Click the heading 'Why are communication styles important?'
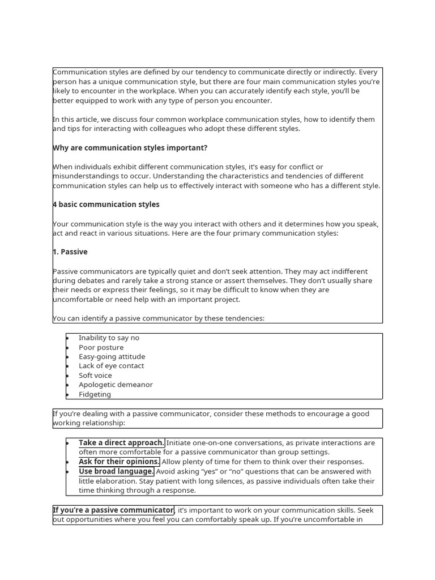pos(130,148)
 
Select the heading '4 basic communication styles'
pos(106,204)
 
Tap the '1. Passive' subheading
pos(70,252)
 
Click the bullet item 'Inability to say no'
pos(109,338)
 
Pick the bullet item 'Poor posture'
pos(101,347)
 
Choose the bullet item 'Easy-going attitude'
pos(112,357)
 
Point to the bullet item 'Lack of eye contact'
pos(111,366)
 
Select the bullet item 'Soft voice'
pos(95,376)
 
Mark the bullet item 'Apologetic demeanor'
pos(116,385)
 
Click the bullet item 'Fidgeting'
pos(95,394)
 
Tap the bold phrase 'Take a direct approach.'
pos(122,443)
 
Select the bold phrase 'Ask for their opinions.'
pos(119,462)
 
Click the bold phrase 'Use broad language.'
pos(116,471)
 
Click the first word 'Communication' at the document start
pos(79,72)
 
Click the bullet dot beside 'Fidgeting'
pos(67,395)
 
